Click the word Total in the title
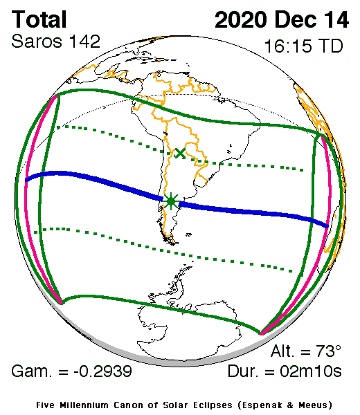tap(40, 19)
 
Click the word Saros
tap(35, 41)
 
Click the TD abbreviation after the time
tap(329, 47)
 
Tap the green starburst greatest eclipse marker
tap(171, 201)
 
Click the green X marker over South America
tap(180, 153)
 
